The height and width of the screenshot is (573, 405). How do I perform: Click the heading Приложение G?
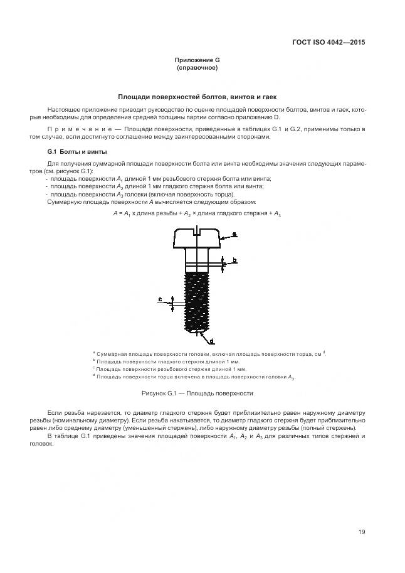tap(197, 60)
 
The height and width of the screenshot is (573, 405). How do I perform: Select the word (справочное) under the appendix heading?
tap(197, 67)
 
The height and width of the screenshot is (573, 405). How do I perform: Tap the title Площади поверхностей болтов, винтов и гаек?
tap(197, 97)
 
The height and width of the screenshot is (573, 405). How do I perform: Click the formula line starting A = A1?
tap(197, 214)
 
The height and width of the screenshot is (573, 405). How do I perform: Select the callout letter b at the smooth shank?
tap(234, 259)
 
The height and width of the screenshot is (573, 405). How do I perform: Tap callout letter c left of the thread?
tap(160, 300)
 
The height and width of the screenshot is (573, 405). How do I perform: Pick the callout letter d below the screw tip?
tap(211, 340)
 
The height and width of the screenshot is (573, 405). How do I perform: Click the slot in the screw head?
tap(196, 232)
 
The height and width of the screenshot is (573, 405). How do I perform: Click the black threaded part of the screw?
tap(196, 301)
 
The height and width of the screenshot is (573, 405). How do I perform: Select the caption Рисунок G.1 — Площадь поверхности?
tap(197, 393)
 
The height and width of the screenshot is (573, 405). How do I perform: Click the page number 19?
tap(362, 532)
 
